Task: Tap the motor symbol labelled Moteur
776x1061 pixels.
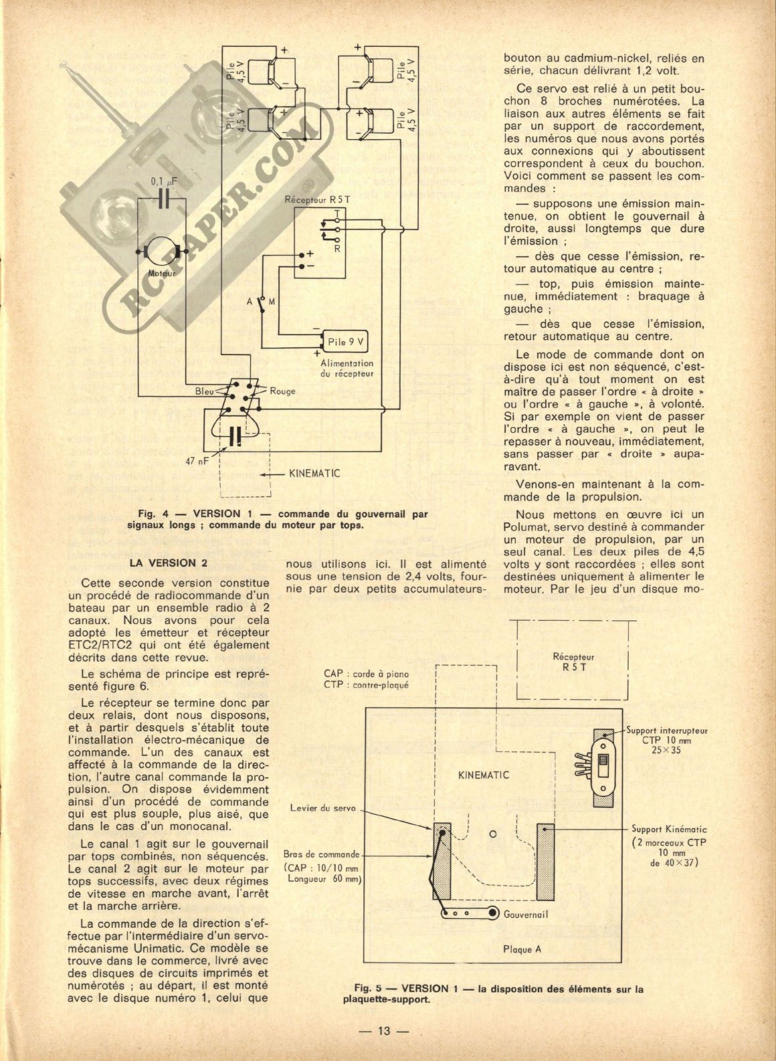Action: pos(161,252)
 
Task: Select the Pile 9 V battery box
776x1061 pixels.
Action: pos(346,341)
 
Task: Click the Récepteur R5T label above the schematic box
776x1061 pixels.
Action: pos(317,200)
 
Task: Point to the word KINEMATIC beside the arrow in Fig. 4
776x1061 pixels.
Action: pos(314,474)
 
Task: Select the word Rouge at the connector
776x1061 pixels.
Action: pos(282,391)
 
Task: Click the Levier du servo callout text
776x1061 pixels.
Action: pos(322,808)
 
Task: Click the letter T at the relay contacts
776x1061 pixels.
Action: pos(337,213)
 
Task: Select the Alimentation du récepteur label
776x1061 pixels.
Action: pos(347,368)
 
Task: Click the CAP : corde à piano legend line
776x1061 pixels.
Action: pos(366,674)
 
